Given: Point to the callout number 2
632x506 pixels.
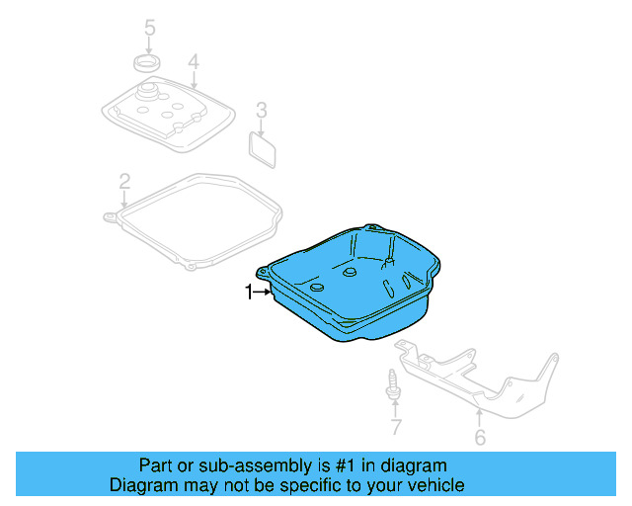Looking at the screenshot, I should (x=124, y=181).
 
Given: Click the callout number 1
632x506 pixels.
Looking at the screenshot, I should (x=250, y=291).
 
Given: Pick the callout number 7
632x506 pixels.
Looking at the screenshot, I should (x=395, y=428).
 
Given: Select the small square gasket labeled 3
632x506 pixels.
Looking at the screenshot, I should (x=263, y=148).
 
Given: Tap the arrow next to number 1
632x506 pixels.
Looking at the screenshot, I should (x=266, y=291).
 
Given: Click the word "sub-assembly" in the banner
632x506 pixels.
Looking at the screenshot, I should (x=228, y=465).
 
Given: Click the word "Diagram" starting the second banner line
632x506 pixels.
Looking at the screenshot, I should (x=141, y=485).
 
